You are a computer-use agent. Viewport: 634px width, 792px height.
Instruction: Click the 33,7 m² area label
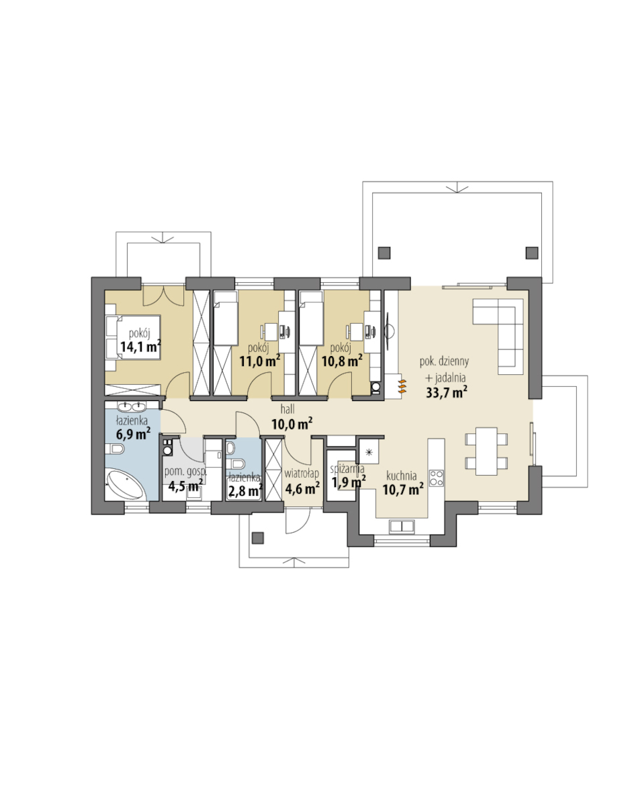(446, 392)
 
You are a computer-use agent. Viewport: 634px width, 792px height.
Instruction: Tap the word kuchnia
(402, 476)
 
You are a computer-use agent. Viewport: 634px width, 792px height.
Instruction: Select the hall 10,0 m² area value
(291, 424)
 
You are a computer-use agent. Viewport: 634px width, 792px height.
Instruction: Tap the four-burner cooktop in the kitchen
(437, 478)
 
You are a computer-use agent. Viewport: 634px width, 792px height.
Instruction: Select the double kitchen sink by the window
(402, 526)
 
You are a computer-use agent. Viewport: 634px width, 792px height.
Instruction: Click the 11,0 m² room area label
(260, 361)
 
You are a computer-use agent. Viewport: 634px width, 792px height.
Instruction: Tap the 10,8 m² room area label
(342, 361)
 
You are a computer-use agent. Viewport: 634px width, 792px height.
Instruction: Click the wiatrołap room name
(302, 474)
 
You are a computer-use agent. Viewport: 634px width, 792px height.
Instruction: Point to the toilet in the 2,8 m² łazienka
(236, 464)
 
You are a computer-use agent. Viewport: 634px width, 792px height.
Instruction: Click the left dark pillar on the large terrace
(384, 253)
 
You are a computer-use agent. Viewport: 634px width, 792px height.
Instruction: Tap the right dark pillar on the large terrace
(532, 253)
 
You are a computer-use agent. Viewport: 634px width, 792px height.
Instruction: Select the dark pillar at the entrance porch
(258, 538)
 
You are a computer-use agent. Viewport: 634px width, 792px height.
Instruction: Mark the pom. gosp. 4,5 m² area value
(186, 486)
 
